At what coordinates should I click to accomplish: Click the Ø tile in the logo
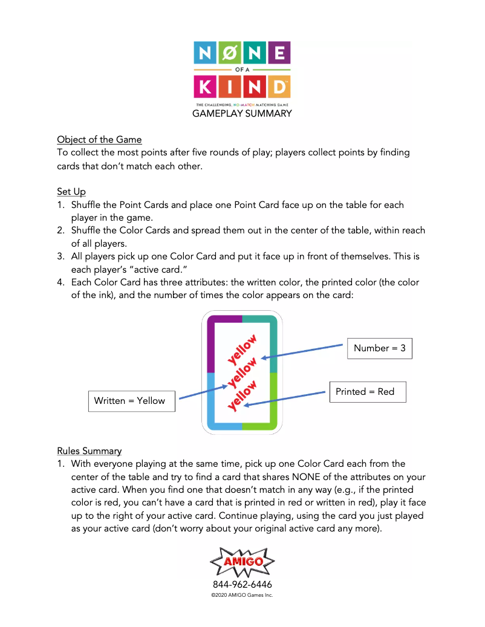[230, 54]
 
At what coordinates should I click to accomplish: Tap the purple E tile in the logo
[279, 54]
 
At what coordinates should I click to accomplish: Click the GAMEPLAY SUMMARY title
[242, 114]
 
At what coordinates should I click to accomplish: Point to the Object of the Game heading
[99, 140]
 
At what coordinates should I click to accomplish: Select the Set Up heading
[71, 192]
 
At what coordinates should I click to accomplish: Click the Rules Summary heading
[89, 450]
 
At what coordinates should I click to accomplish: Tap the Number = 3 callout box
[379, 348]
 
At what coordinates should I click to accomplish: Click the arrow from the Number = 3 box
[302, 352]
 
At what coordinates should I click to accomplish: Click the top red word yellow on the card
[242, 350]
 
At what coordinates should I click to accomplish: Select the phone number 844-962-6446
[242, 585]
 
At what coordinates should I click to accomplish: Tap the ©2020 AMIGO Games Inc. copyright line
[242, 596]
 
